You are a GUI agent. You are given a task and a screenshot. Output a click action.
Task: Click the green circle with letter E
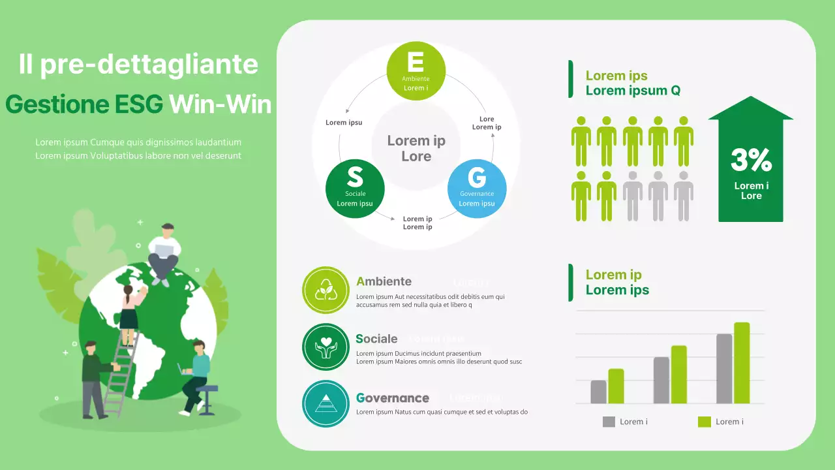[x=416, y=70]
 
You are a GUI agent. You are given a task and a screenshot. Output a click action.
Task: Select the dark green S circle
[x=355, y=189]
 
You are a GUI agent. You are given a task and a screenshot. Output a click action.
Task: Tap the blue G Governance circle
[x=477, y=189]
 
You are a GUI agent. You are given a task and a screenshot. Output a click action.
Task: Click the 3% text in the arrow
[x=751, y=160]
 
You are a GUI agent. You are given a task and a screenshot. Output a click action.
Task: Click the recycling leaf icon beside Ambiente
[x=326, y=290]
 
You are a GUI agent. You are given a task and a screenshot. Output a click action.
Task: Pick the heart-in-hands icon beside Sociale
[x=326, y=347]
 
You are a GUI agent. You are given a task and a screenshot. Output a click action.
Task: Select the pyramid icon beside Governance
[x=326, y=403]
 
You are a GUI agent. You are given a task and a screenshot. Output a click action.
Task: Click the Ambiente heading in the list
[x=384, y=281]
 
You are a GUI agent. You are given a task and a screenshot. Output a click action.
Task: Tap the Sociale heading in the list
[x=376, y=339]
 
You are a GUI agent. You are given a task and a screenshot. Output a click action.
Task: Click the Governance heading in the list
[x=393, y=398]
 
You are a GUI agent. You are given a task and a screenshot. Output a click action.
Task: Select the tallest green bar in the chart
[x=742, y=362]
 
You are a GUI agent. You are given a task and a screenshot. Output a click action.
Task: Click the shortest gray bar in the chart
[x=598, y=392]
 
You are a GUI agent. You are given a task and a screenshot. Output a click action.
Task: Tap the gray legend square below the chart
[x=609, y=422]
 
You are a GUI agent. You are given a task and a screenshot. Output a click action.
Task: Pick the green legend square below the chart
[x=704, y=422]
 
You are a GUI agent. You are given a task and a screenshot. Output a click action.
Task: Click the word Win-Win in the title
[x=220, y=104]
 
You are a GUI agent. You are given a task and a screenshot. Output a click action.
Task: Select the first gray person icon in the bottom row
[x=633, y=196]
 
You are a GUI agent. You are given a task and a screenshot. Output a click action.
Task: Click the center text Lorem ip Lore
[x=416, y=148]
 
